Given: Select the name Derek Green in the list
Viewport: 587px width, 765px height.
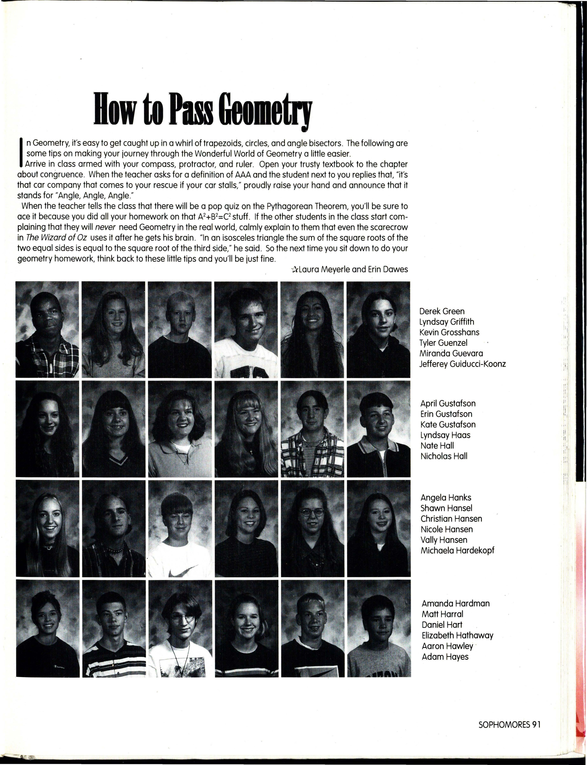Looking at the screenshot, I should pos(442,311).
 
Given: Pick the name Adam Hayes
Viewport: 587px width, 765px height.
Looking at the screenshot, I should pos(445,657).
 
